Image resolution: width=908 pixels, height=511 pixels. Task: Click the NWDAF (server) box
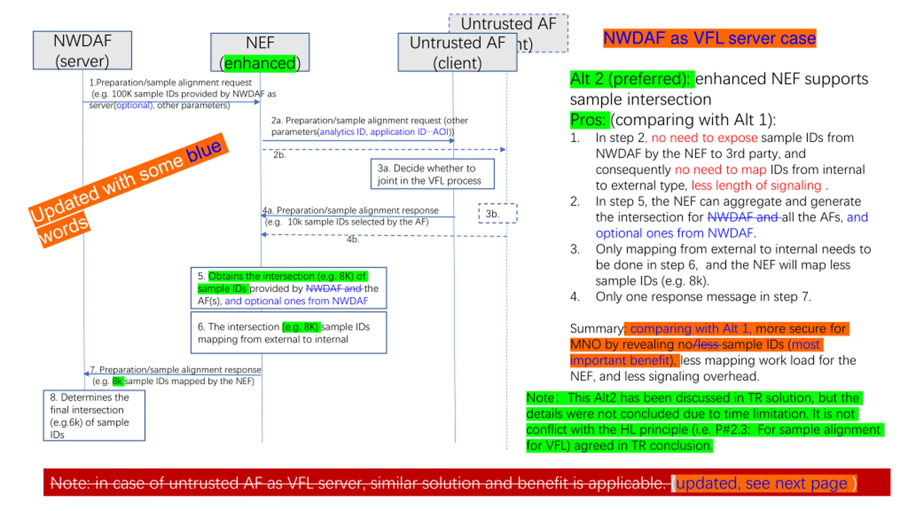point(82,50)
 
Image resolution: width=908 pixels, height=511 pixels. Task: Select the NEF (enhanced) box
point(260,53)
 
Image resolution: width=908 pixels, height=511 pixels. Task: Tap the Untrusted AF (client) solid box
point(457,53)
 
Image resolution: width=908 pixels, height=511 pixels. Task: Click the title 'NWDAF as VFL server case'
point(709,38)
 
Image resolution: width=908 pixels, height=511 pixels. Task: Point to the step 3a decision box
point(432,174)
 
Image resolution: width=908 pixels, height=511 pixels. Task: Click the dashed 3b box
point(497,213)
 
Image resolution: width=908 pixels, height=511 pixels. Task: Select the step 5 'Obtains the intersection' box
point(288,288)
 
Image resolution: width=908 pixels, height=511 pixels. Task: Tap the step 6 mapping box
point(288,333)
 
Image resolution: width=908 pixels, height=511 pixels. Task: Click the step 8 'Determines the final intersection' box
point(94,415)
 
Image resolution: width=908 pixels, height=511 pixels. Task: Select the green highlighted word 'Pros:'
point(589,120)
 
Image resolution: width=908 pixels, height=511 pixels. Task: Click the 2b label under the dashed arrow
point(279,155)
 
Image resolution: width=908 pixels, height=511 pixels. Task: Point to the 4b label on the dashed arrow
point(353,240)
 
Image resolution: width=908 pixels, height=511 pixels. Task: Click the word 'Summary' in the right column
point(596,328)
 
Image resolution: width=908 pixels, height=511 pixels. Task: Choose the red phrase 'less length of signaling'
point(756,185)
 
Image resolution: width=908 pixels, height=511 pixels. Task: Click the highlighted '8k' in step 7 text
point(117,381)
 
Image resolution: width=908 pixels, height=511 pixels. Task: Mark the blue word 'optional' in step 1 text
point(134,105)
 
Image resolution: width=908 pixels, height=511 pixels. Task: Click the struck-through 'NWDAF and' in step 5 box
point(333,288)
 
